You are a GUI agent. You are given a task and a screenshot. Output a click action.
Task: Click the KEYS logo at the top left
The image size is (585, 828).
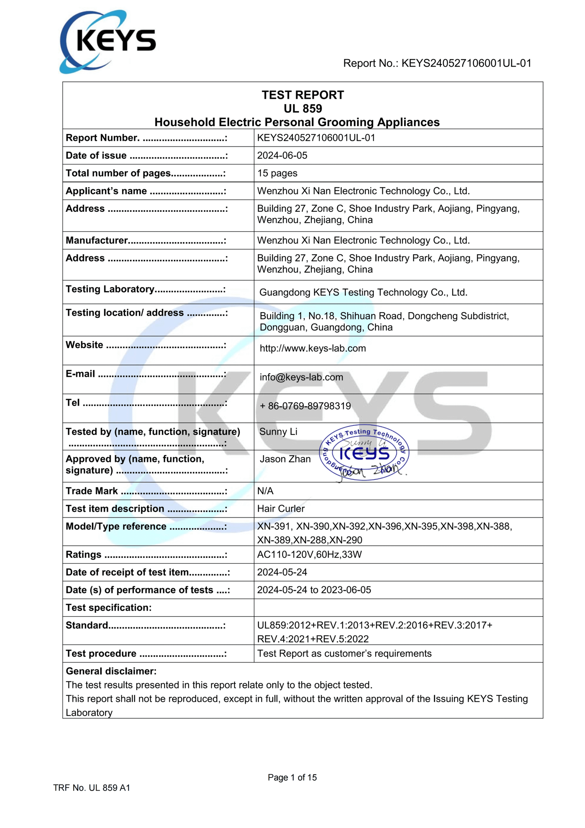107,41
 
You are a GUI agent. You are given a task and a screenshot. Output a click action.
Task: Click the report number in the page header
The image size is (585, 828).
437,63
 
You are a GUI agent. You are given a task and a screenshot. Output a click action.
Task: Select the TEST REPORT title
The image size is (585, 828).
303,95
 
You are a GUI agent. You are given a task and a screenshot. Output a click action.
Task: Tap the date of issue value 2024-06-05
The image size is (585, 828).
282,156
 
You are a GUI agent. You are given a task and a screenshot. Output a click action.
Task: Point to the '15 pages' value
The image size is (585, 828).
277,173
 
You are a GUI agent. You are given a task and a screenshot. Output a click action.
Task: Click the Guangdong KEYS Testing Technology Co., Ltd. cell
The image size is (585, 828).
363,292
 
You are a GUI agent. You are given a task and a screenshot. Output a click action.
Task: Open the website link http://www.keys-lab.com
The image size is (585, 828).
313,348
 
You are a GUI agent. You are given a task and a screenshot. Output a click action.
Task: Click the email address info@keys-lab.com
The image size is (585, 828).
301,377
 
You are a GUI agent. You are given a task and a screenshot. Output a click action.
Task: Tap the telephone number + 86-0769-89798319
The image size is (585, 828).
305,406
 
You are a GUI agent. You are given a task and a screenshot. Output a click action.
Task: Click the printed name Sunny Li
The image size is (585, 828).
278,432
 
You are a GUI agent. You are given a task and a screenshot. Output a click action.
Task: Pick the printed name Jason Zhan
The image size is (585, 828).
285,459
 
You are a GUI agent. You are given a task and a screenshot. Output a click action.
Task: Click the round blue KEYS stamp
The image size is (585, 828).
364,453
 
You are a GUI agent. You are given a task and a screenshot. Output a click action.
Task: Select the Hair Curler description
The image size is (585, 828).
281,509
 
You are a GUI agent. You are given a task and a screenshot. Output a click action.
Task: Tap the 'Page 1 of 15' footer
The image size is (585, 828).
292,778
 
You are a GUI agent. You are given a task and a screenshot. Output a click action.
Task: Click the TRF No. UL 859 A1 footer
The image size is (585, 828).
92,788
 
